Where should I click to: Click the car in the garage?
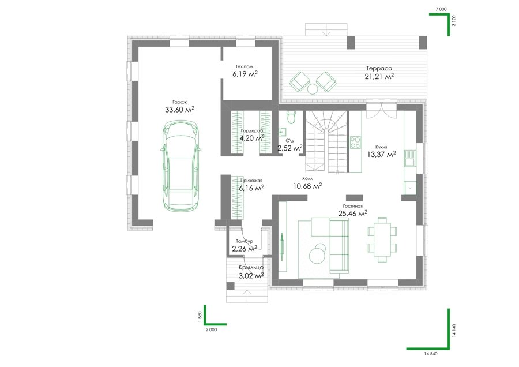click(x=180, y=165)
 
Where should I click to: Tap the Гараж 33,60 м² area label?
click(x=179, y=107)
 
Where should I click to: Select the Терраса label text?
click(x=379, y=68)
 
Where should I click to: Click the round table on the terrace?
click(x=312, y=89)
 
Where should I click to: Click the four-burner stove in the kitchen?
click(x=355, y=142)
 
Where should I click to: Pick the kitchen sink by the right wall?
click(x=409, y=158)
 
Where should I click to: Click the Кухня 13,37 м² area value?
click(x=382, y=153)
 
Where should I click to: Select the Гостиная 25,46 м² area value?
click(x=352, y=214)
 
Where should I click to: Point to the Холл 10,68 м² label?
click(x=307, y=183)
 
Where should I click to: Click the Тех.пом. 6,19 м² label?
click(x=245, y=71)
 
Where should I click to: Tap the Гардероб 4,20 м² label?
click(x=253, y=135)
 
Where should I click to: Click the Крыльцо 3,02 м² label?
click(x=251, y=271)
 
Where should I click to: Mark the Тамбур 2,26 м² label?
click(x=245, y=245)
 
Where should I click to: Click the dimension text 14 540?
click(x=430, y=354)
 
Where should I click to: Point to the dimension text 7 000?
click(x=441, y=9)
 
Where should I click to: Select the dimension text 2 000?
click(x=211, y=329)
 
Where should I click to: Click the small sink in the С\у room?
click(x=281, y=132)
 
